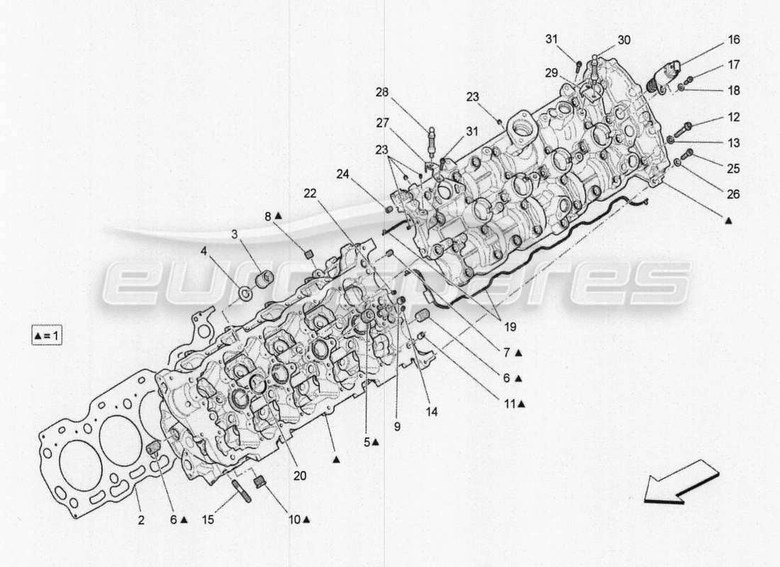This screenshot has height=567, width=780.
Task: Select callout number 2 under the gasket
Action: (141, 520)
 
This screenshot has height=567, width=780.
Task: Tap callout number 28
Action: (382, 92)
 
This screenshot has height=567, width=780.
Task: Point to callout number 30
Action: (623, 40)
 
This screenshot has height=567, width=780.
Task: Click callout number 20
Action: (299, 476)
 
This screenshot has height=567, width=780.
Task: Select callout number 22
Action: (310, 192)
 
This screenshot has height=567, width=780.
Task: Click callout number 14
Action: (432, 411)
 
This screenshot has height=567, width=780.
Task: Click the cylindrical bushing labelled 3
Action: (264, 277)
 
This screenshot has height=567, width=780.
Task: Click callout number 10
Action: (293, 520)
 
